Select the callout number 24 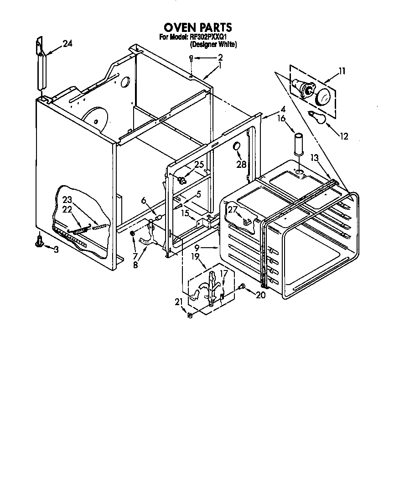[x=67, y=44]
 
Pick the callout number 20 [x=260, y=295]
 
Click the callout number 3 [x=56, y=249]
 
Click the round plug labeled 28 [x=236, y=146]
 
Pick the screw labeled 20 [x=242, y=286]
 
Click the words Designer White [x=213, y=44]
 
